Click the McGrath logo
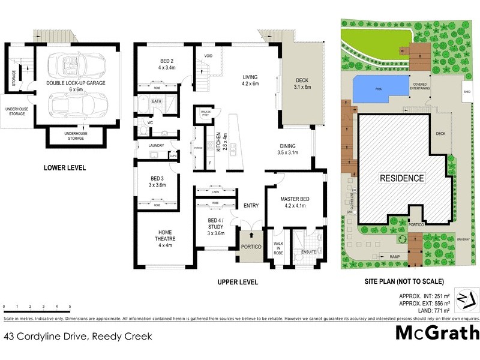tap(437, 332)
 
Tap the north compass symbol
tap(466, 299)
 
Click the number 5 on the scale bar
tap(70, 307)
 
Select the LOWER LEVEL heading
tap(65, 168)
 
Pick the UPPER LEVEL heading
tap(238, 281)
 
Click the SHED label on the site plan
tap(466, 92)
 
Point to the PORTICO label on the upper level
tap(248, 246)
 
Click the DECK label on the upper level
tap(303, 83)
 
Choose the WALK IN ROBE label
tap(278, 248)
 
